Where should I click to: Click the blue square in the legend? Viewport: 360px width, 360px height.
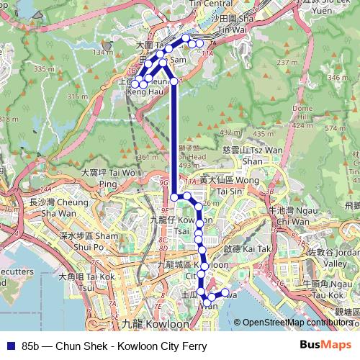click(x=9, y=346)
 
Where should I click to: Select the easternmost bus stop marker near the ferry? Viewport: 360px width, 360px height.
click(x=226, y=292)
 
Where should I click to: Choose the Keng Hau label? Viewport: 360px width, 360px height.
click(x=141, y=93)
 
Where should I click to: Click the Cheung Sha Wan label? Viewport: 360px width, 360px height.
click(x=50, y=208)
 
